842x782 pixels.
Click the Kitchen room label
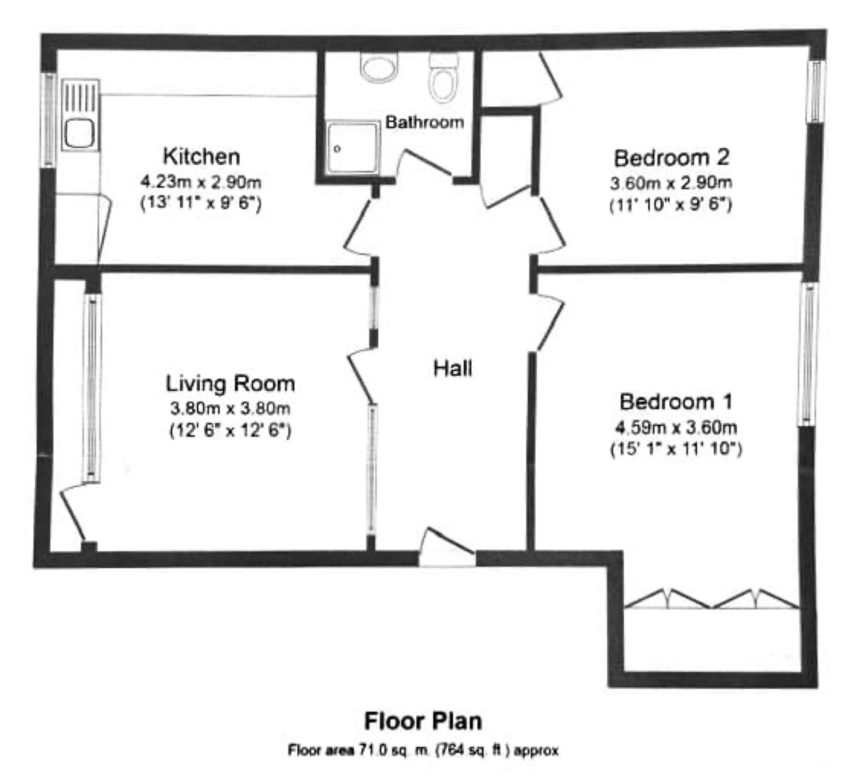(x=202, y=156)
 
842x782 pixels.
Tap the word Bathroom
(x=424, y=122)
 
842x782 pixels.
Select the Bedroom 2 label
(x=671, y=158)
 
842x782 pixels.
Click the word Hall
(x=453, y=368)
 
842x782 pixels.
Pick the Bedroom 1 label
(x=676, y=402)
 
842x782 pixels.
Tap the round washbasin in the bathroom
(x=380, y=67)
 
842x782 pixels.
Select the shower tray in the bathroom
(x=353, y=147)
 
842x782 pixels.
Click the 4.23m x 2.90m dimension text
(x=201, y=182)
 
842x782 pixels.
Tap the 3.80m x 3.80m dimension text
(x=230, y=409)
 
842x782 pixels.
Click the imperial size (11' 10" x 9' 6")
(x=671, y=205)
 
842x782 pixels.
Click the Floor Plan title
(x=423, y=721)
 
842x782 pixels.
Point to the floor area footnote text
(x=423, y=750)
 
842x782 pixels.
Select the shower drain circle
(x=337, y=149)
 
